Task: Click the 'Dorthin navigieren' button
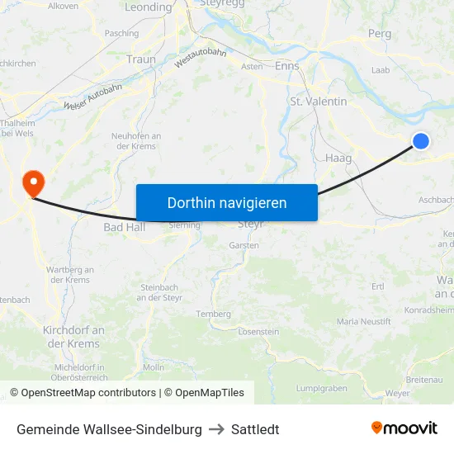pyautogui.click(x=226, y=202)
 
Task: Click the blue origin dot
pyautogui.click(x=420, y=141)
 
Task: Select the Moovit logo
pyautogui.click(x=404, y=428)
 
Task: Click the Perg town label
pyautogui.click(x=380, y=34)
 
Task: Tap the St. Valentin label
pyautogui.click(x=319, y=101)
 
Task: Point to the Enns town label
pyautogui.click(x=286, y=66)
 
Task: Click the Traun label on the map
pyautogui.click(x=141, y=59)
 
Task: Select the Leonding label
pyautogui.click(x=149, y=7)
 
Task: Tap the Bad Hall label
pyautogui.click(x=124, y=227)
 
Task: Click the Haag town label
pyautogui.click(x=338, y=158)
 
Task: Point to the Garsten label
pyautogui.click(x=244, y=245)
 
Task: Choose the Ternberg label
pyautogui.click(x=213, y=314)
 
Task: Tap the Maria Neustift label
pyautogui.click(x=364, y=321)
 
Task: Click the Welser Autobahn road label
pyautogui.click(x=92, y=96)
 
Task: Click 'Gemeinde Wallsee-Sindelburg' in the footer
pyautogui.click(x=109, y=429)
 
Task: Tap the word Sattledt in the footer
pyautogui.click(x=255, y=429)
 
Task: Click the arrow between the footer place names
pyautogui.click(x=216, y=429)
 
